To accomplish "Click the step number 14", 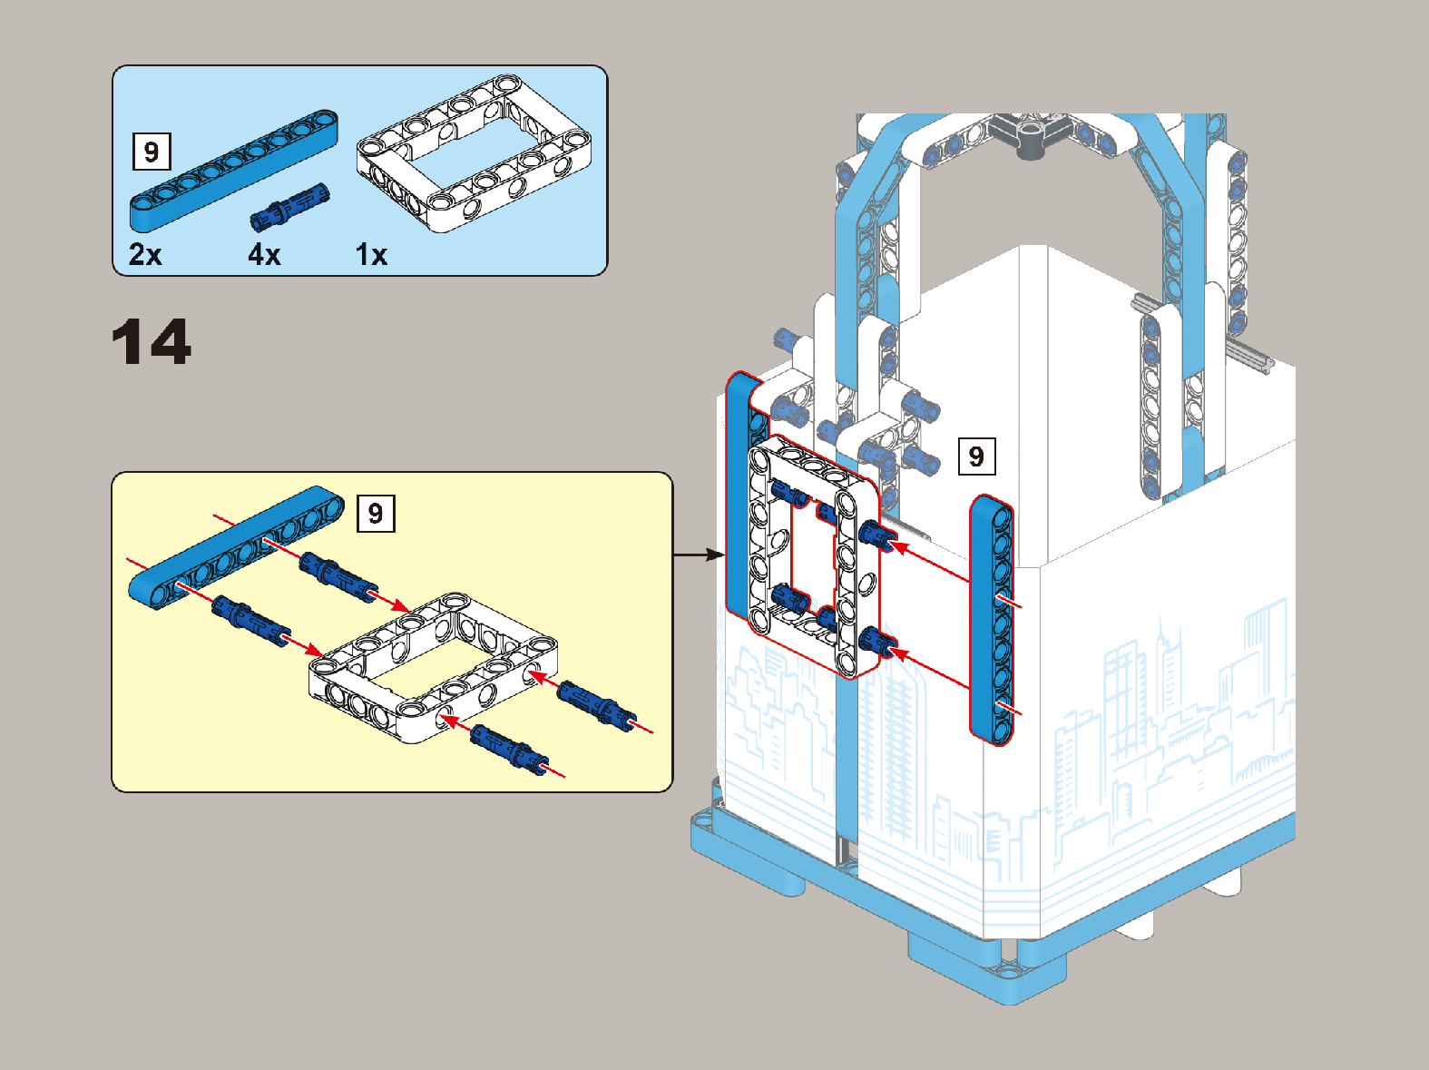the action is point(152,341).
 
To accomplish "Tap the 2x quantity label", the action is point(145,255).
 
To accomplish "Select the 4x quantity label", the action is point(264,255).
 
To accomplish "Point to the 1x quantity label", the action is point(371,255).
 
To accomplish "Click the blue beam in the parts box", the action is point(234,172).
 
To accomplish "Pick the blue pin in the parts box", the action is point(290,207).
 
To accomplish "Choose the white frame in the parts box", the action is point(474,153).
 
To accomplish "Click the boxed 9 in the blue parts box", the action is point(152,152).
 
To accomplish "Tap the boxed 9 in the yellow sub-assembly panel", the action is point(376,513).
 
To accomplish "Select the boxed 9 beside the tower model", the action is point(976,456).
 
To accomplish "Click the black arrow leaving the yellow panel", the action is point(699,555).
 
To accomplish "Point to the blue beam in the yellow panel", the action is point(236,547).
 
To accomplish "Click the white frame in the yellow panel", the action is point(433,668).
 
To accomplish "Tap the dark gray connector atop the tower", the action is point(1033,133).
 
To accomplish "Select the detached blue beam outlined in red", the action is point(992,620).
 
